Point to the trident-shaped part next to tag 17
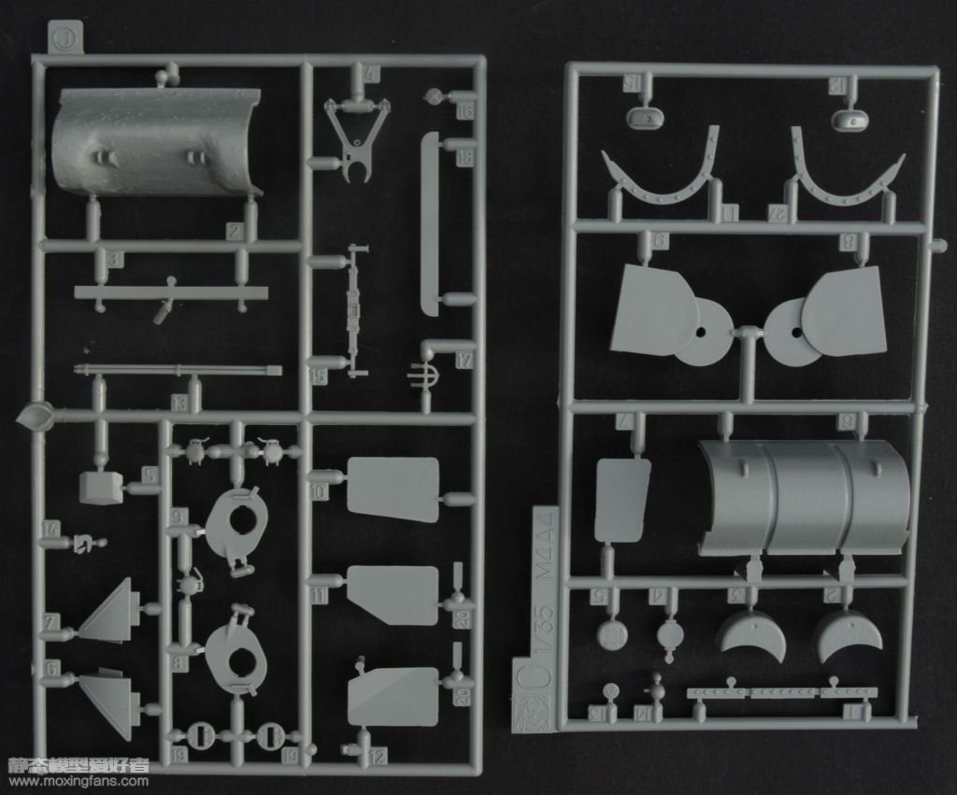click(x=421, y=377)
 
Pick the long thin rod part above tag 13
click(x=178, y=370)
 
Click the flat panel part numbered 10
click(x=393, y=490)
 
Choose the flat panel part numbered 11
click(x=392, y=594)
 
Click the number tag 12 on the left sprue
click(x=378, y=758)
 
